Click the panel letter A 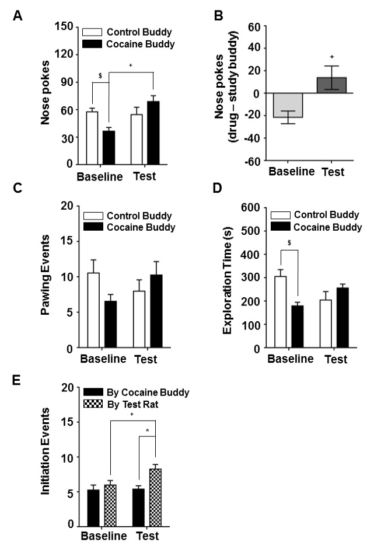pos(17,18)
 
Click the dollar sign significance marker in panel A pos(100,77)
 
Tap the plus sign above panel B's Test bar pos(331,57)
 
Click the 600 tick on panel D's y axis pos(247,207)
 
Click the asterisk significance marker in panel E pos(147,430)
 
